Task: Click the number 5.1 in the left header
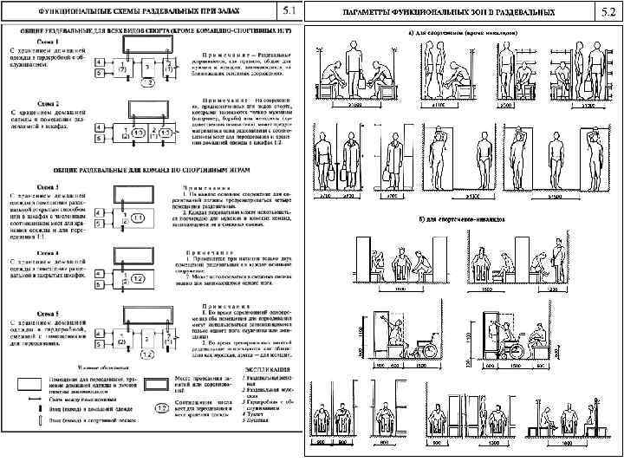(x=288, y=11)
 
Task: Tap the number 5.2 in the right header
(x=604, y=11)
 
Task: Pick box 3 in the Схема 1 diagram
(x=149, y=68)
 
